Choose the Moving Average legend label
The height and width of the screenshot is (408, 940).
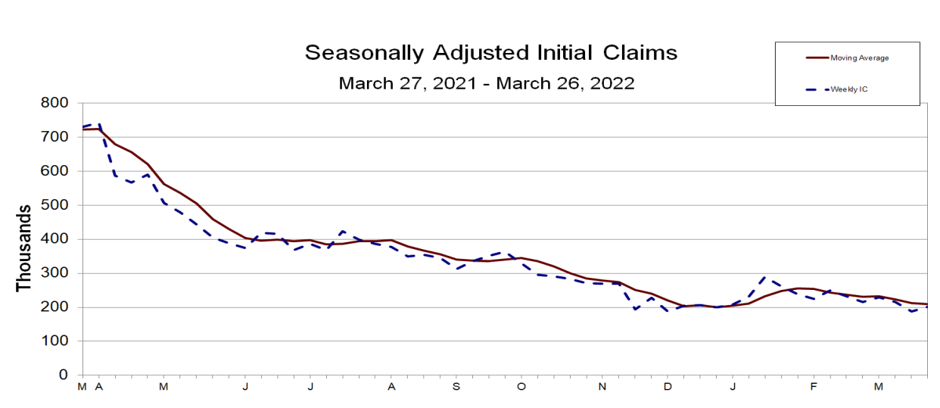point(859,58)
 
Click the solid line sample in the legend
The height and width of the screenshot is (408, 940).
point(817,58)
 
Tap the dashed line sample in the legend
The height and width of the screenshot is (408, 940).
point(817,89)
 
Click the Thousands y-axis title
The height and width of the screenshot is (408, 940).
point(24,248)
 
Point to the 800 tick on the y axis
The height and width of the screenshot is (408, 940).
point(56,103)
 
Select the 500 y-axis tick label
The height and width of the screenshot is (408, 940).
point(56,205)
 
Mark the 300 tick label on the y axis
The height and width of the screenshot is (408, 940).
point(56,273)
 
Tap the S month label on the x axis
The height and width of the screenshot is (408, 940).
point(456,387)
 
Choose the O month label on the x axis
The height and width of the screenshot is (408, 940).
point(521,387)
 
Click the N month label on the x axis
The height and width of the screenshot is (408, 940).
point(602,387)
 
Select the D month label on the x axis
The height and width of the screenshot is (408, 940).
point(668,387)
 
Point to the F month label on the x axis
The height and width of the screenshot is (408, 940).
point(814,387)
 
